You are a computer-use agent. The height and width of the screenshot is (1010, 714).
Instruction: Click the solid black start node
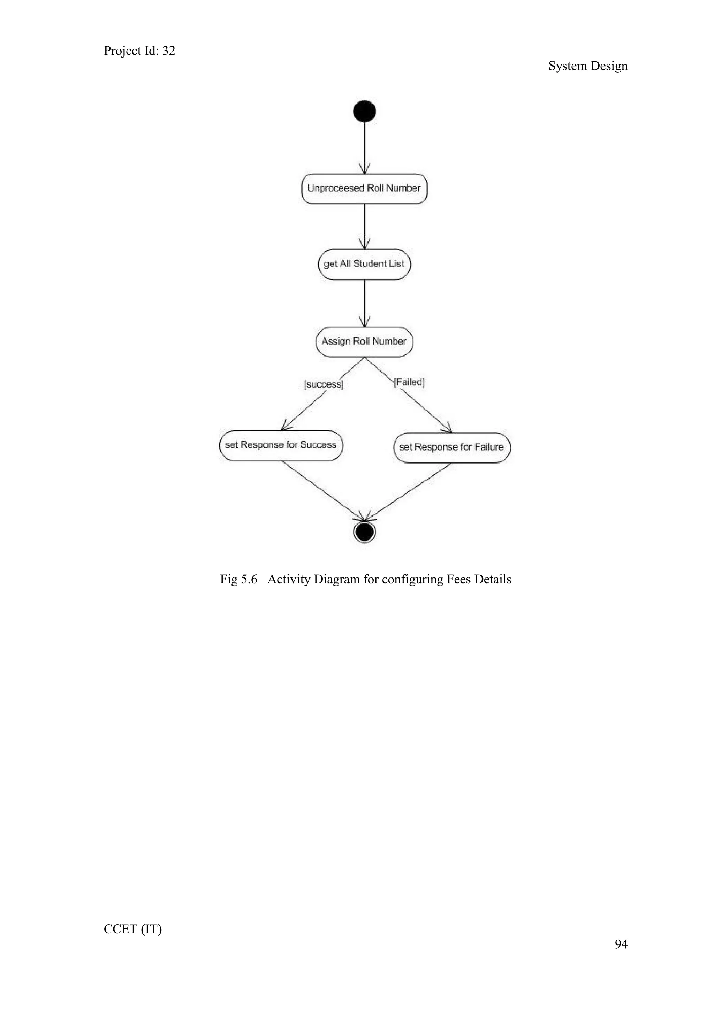(x=364, y=111)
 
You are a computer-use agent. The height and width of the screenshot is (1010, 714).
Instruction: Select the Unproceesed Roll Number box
(x=364, y=189)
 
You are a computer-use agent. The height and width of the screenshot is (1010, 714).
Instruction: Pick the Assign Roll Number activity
(x=364, y=342)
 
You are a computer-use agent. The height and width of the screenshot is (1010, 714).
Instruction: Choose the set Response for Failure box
(x=452, y=448)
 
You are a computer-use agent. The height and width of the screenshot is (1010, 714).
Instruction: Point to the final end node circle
(x=364, y=532)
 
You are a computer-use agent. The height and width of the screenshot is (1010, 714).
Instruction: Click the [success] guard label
(x=324, y=384)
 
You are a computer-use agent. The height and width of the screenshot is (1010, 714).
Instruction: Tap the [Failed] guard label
(x=409, y=382)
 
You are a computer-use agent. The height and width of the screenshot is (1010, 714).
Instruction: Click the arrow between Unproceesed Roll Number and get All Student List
(x=364, y=227)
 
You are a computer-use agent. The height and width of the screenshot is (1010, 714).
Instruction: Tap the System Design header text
(x=588, y=66)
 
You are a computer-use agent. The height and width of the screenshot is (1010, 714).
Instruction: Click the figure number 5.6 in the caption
(x=249, y=579)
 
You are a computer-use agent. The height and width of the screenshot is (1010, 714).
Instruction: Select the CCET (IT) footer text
(x=133, y=929)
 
